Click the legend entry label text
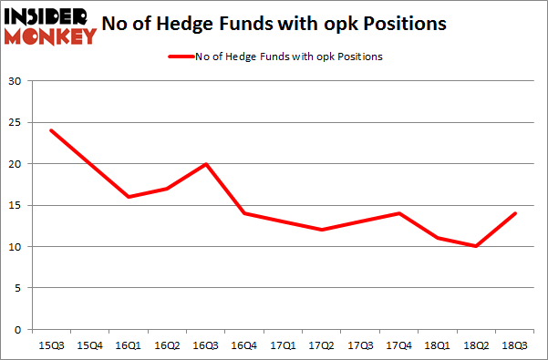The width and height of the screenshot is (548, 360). click(x=289, y=57)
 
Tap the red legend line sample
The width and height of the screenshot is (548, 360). click(x=181, y=57)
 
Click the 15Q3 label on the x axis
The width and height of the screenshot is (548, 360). click(x=49, y=346)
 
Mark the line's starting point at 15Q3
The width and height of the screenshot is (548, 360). click(x=50, y=130)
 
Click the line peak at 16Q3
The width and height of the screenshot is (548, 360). click(x=207, y=164)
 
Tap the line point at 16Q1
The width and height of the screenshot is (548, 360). click(x=129, y=197)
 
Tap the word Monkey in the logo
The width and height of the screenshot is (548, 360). click(x=51, y=36)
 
